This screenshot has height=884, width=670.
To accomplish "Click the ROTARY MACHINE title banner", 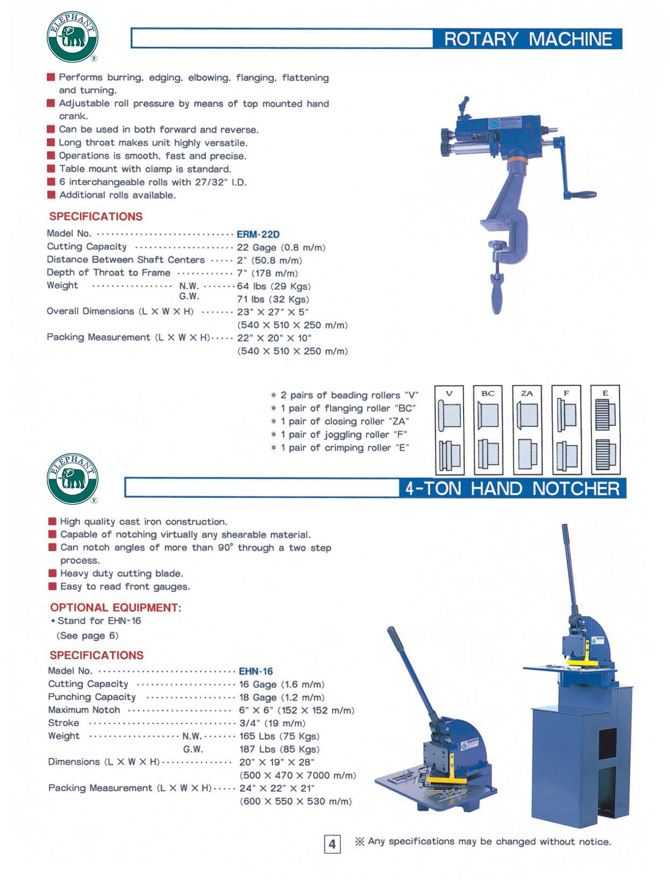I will click(x=528, y=39).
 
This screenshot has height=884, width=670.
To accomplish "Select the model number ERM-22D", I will click(x=258, y=234).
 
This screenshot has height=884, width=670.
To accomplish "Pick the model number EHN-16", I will click(x=256, y=671).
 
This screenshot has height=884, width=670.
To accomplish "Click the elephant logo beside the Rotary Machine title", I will click(x=72, y=36).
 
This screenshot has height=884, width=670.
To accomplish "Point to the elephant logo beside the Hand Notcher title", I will click(x=73, y=479).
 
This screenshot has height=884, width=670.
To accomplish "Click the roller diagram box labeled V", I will click(x=449, y=430).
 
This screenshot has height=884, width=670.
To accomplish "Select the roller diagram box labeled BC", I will click(x=488, y=430).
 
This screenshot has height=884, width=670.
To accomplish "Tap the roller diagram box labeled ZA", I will click(x=527, y=430).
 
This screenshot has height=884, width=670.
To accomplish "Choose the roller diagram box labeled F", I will click(x=566, y=430).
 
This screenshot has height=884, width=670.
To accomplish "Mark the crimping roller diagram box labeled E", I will click(x=605, y=430).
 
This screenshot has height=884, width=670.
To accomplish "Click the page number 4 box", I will click(x=332, y=844).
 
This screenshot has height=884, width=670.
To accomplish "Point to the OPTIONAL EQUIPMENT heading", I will click(x=116, y=607).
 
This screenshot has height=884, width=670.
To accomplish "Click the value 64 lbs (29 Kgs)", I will click(x=274, y=286).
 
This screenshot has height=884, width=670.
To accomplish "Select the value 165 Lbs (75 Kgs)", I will click(x=279, y=736).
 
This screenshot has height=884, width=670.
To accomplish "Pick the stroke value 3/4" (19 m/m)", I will click(x=272, y=723).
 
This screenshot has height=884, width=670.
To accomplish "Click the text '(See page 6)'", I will click(x=88, y=636).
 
